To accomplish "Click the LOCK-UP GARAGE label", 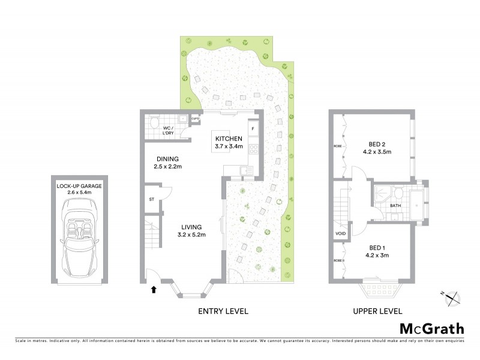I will [79, 187].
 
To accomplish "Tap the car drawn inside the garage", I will [78, 236].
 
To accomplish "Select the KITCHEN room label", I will [229, 138].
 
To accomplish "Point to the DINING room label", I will [167, 159].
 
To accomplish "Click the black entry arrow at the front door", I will [154, 290].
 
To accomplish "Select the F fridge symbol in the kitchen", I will [253, 129].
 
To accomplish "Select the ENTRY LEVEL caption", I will [223, 311].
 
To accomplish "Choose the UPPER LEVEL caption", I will [377, 311].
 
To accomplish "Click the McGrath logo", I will [431, 328].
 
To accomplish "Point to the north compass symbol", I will [453, 297].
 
